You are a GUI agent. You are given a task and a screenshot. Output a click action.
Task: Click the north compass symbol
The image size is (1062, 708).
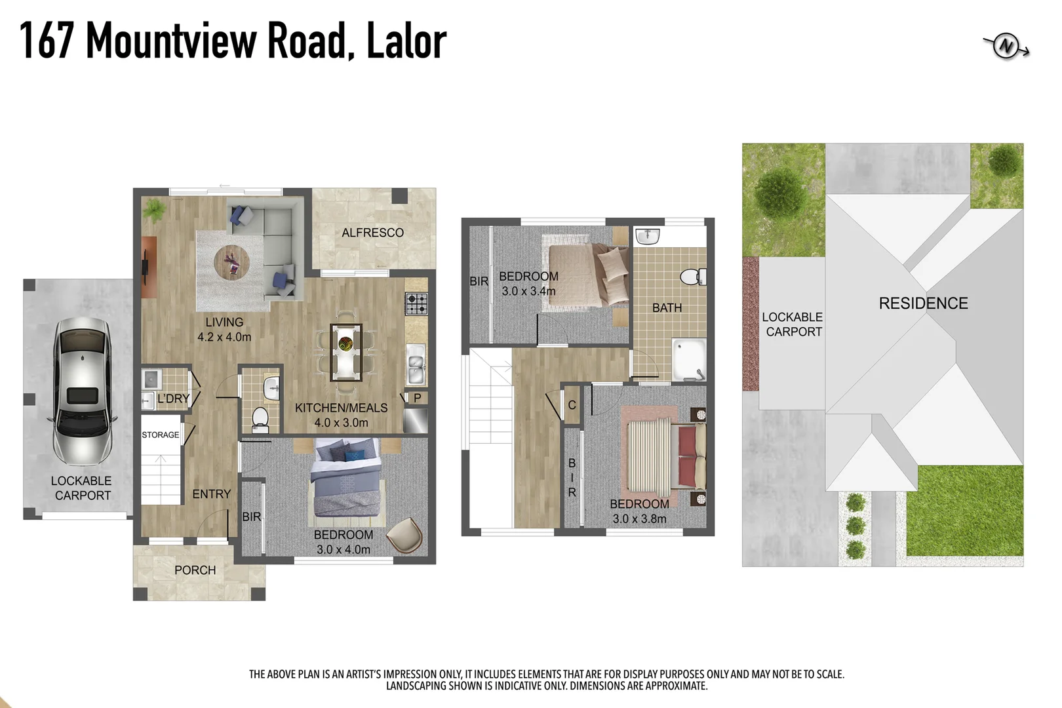pos(1006,47)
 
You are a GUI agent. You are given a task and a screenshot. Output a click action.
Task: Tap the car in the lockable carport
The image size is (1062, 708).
pos(82,391)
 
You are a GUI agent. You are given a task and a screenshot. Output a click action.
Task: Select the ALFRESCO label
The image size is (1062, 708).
pos(372,233)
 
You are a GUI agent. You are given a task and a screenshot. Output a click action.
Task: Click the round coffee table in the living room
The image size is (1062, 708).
pos(231,262)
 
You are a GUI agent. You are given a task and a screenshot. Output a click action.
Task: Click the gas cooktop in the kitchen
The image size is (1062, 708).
pos(416,304)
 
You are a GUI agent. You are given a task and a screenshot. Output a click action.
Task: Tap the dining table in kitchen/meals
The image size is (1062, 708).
pos(345,352)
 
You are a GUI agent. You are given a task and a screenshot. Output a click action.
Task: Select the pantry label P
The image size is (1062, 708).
pos(417,398)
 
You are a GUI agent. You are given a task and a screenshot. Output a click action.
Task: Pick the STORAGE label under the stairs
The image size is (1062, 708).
pos(160,435)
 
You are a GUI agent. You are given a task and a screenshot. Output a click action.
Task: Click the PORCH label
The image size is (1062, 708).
pos(195,570)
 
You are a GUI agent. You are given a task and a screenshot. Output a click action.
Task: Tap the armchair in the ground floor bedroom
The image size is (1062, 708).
pos(404,535)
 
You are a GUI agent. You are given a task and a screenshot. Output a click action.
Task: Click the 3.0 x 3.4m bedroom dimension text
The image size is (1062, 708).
pos(528,291)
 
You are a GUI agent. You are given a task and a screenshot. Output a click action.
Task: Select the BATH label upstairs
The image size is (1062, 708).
pos(667,307)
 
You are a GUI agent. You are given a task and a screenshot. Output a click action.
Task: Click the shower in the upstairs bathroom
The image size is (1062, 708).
pos(689,359)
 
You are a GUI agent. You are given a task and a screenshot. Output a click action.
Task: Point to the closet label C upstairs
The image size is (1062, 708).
pos(572,405)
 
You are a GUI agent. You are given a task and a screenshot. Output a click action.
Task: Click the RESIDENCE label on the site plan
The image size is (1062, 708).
pos(923,304)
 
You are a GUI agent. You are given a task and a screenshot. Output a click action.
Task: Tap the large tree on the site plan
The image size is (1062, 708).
pos(780,191)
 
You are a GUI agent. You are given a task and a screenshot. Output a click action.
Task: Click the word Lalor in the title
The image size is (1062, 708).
pos(406,41)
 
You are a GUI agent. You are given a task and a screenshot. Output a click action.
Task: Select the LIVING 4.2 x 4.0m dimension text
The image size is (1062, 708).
pos(224,337)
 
